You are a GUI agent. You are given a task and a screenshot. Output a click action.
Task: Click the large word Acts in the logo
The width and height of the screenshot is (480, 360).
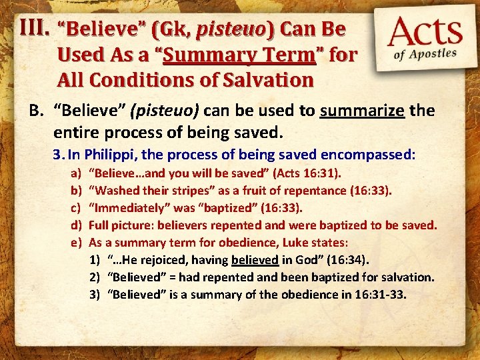click(427, 31)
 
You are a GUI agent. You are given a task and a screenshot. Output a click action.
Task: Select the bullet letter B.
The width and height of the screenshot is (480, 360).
click(35, 110)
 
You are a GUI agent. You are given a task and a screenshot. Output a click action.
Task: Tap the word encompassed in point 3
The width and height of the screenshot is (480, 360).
click(367, 155)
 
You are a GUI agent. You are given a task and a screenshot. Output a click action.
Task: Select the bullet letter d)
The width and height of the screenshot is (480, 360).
click(75, 226)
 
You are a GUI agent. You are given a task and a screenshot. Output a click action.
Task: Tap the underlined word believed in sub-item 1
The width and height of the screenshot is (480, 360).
click(255, 260)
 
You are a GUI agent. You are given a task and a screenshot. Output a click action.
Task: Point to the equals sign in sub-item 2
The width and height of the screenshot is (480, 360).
click(173, 277)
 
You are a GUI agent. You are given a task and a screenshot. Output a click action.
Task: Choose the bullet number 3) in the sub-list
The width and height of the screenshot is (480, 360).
click(94, 294)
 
